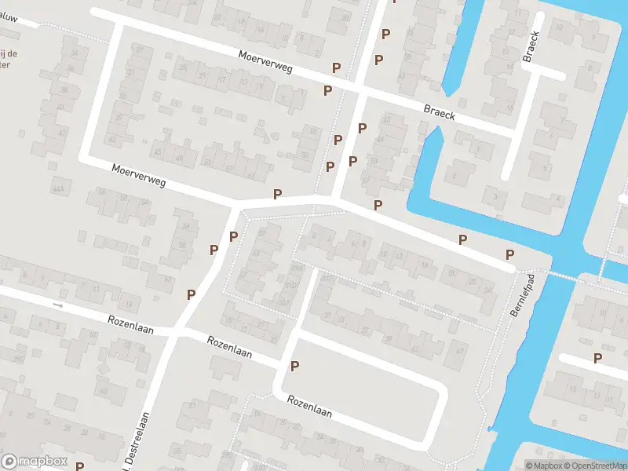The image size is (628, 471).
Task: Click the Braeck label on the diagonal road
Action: (x=440, y=114)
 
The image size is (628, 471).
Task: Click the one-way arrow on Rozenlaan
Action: (x=57, y=305)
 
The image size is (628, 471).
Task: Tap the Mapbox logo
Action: (x=34, y=462)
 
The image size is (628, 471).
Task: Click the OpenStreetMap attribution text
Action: (x=593, y=466)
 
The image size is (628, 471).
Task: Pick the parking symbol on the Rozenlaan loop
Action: (x=294, y=366)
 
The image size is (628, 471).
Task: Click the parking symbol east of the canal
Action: (x=597, y=359)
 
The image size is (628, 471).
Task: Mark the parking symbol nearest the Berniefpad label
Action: (x=509, y=254)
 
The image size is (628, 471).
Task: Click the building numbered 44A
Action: (x=57, y=189)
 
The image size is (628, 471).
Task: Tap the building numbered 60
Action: (x=100, y=390)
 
